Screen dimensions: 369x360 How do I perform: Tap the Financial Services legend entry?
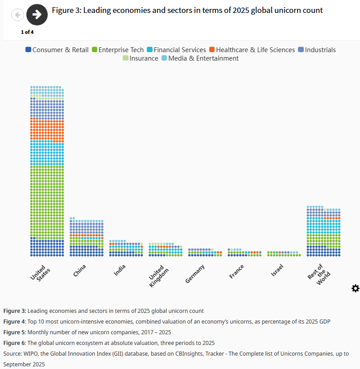(176, 50)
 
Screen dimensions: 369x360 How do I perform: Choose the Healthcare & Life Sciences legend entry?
(252, 50)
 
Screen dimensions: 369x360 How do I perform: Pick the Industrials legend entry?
(317, 50)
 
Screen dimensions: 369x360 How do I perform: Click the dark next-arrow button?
(37, 15)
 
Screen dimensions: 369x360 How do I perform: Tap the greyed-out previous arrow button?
(17, 15)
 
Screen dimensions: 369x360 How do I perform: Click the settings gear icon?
(355, 288)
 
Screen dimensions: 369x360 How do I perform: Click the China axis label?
(80, 270)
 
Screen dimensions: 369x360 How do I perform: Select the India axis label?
(120, 270)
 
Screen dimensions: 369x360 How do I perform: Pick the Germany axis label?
(195, 274)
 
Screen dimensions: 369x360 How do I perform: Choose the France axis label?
(236, 271)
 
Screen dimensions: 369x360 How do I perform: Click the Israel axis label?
(277, 270)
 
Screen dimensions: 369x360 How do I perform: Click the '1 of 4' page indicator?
(27, 32)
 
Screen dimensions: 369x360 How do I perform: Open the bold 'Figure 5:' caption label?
(15, 332)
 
